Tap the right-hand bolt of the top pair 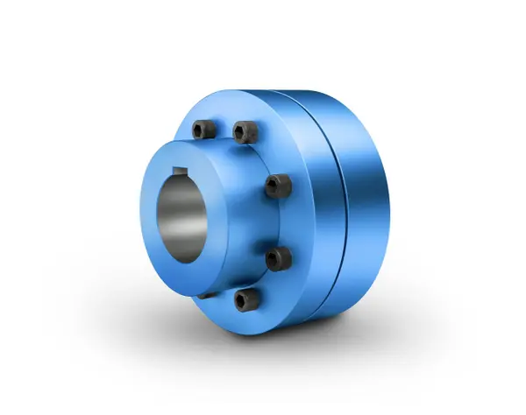point(244,132)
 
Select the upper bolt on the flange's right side point(278,185)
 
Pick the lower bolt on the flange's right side point(277,257)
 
